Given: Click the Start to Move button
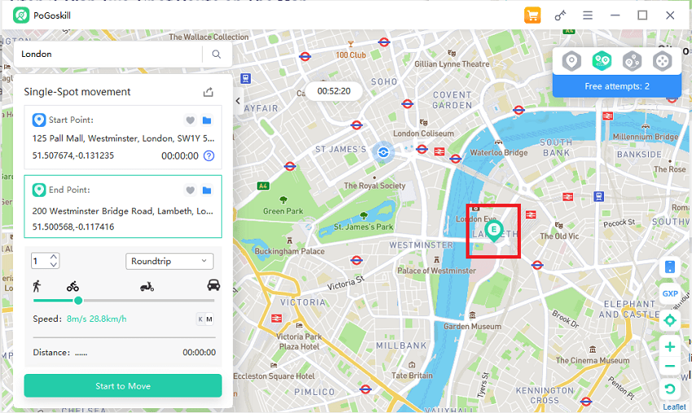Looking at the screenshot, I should [123, 385].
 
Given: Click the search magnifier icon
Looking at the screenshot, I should [217, 54].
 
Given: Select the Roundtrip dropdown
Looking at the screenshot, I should [170, 261].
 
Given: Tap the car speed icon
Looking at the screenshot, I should [213, 285].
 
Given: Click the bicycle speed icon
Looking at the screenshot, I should [72, 285].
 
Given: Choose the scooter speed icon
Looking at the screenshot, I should [147, 285].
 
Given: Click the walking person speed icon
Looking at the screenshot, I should [37, 285].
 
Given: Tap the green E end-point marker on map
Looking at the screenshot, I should [493, 229].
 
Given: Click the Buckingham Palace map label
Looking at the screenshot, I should [290, 251].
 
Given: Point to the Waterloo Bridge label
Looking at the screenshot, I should [498, 152].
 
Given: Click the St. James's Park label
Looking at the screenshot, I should [364, 227].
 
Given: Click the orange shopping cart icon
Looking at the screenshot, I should [532, 15].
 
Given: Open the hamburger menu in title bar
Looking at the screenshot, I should [588, 15].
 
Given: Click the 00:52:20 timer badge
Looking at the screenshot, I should [334, 91].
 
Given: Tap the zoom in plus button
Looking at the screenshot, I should [670, 347].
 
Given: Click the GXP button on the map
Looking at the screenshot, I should [670, 293].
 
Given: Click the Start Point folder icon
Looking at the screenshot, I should [207, 120].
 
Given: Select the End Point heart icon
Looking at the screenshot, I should [190, 190].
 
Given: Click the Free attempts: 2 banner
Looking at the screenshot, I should [617, 86].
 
